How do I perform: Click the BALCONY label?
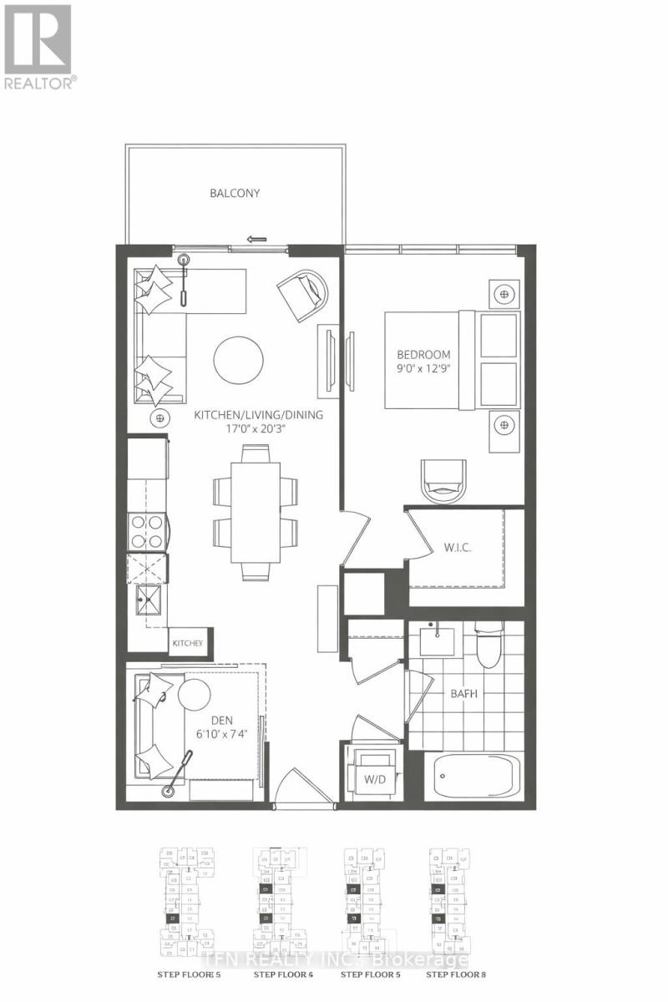235,193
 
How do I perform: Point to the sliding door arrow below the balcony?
258,239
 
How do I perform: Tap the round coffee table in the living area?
238,360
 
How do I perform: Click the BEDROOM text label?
424,354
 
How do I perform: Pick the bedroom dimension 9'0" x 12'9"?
424,368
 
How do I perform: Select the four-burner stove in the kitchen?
148,530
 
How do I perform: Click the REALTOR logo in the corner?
38,46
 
